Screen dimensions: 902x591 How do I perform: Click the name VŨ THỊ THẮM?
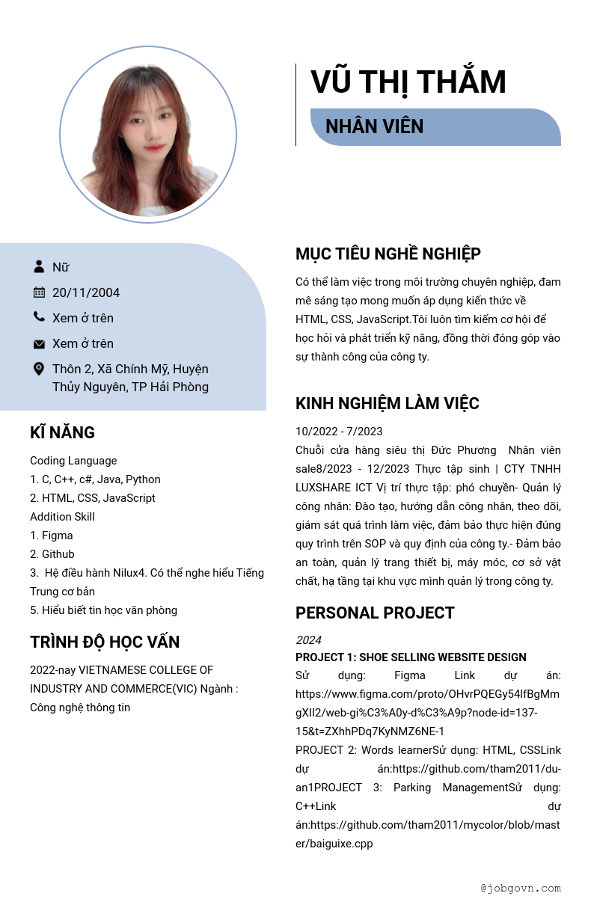(x=408, y=82)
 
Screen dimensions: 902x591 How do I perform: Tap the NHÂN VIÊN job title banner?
(x=435, y=127)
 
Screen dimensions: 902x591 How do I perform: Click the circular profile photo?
(x=148, y=135)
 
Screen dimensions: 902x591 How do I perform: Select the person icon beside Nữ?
(x=39, y=266)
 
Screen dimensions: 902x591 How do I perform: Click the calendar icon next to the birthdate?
(x=39, y=292)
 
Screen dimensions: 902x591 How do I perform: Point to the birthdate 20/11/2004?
(x=86, y=292)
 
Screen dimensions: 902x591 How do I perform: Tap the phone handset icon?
(x=39, y=317)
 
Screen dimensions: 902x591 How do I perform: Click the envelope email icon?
(x=39, y=344)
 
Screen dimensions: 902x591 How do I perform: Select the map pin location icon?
(x=39, y=369)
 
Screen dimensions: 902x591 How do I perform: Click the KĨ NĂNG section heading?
(x=62, y=432)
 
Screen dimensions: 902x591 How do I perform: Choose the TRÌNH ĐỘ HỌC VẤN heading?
(x=105, y=642)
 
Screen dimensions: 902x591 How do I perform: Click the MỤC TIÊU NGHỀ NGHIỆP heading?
(x=388, y=254)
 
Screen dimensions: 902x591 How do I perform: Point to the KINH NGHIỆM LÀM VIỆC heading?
(x=387, y=404)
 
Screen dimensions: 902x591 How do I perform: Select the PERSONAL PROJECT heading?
(x=375, y=613)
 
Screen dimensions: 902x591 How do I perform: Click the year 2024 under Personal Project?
(x=308, y=640)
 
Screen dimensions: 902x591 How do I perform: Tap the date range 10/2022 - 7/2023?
(x=339, y=432)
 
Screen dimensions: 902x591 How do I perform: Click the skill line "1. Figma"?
(x=52, y=536)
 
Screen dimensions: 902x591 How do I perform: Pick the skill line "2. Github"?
(x=52, y=554)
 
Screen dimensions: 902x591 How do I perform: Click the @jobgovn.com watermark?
(x=521, y=888)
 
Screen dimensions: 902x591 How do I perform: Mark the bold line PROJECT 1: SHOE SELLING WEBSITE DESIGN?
(x=411, y=657)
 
